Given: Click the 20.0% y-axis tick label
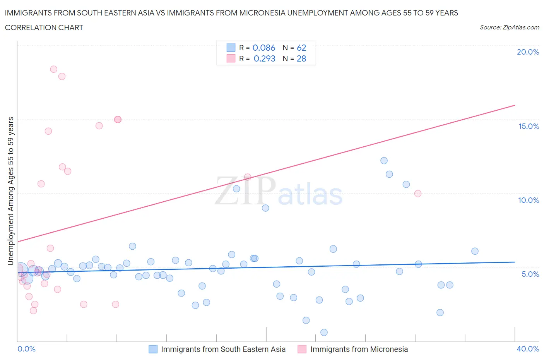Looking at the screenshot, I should point(528,52).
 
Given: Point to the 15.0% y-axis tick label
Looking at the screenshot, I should point(529,126).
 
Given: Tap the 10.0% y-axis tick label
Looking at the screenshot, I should point(529,200).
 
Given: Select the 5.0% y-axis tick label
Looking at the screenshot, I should point(530,274).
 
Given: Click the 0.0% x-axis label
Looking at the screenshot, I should point(26,349).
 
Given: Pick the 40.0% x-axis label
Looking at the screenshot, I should point(528,349).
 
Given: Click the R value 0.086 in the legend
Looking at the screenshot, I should point(264,48).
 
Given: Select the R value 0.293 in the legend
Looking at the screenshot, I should point(264,58).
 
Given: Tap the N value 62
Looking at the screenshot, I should point(301,48).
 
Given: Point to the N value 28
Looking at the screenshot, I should point(301,58).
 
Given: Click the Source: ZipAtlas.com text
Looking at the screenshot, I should point(509,27).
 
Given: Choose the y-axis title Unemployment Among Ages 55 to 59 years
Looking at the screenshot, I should point(11,191).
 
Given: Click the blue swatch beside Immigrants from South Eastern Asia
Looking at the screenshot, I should point(153,349).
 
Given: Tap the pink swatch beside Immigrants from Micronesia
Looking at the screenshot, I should point(302,349).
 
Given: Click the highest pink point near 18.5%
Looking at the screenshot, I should point(54,69).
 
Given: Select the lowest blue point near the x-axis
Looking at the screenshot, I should point(324,333).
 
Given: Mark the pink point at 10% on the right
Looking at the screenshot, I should point(417,194).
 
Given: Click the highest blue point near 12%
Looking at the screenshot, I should point(384,161).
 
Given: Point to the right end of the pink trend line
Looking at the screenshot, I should point(515,105).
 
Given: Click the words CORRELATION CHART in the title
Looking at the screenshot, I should point(44,27).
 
